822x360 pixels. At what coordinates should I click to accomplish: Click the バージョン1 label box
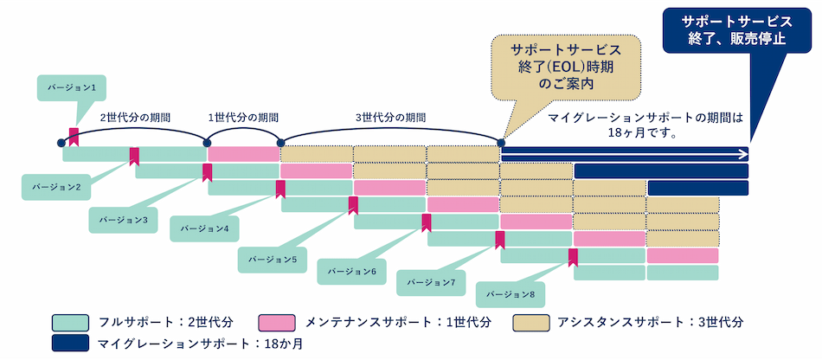pos(74,87)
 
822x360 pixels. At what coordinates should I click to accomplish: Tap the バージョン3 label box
pos(124,220)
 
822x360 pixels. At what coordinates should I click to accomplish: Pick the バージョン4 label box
pos(205,228)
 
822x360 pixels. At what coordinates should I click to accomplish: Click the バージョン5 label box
pos(272,258)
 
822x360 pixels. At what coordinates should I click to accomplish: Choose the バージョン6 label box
pos(351,271)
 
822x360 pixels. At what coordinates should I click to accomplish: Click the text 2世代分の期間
pos(135,116)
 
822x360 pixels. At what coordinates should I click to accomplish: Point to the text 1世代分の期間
pos(243,116)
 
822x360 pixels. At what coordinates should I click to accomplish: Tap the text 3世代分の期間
pos(391,116)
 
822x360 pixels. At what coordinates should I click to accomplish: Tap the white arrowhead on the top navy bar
pos(742,154)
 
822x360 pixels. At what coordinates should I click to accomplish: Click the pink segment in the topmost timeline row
pos(244,154)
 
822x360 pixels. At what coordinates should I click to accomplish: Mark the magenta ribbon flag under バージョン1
pos(74,135)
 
